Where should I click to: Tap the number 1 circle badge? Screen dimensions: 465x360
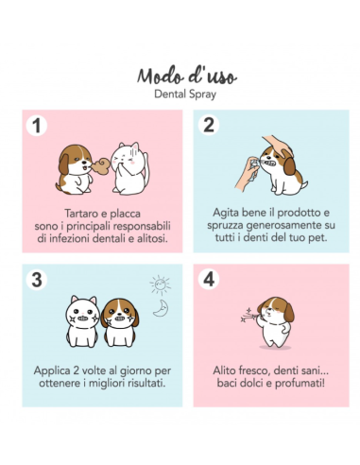37,125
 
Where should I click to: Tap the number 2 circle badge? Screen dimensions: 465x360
210,125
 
